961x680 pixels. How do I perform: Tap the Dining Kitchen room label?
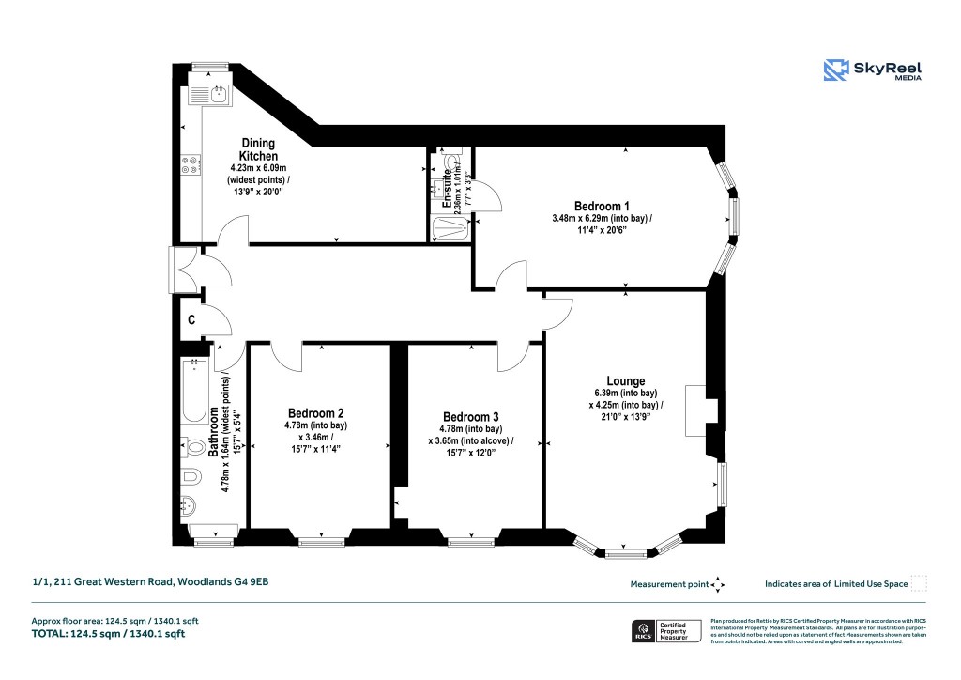click(257, 149)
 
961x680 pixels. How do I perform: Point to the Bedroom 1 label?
click(602, 207)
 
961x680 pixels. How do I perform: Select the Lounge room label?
click(625, 381)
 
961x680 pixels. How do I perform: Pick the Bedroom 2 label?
click(315, 413)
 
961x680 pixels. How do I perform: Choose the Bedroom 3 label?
click(471, 417)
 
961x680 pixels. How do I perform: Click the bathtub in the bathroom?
click(196, 390)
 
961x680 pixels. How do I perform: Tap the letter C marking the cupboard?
click(191, 319)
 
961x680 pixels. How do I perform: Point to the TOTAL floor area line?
click(107, 634)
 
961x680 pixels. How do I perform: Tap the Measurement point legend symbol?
click(718, 584)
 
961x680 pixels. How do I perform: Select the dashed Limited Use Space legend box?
click(919, 583)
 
